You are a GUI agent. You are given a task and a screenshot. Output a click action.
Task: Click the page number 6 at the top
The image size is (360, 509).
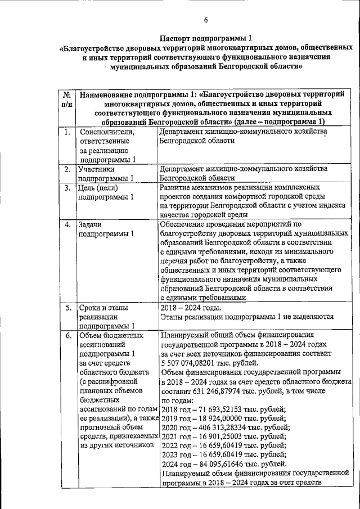pyautogui.click(x=206, y=21)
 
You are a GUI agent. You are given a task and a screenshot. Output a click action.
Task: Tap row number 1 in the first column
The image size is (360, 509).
pyautogui.click(x=66, y=132)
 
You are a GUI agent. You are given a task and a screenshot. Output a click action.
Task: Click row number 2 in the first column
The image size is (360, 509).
pyautogui.click(x=66, y=169)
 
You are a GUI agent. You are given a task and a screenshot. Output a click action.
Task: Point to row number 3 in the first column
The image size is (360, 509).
pyautogui.click(x=66, y=188)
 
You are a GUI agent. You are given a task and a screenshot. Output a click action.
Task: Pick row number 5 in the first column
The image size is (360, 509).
pyautogui.click(x=66, y=308)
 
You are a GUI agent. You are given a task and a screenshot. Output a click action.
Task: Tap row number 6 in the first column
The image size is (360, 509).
pyautogui.click(x=66, y=336)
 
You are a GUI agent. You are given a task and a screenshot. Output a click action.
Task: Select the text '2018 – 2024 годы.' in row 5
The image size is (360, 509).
pyautogui.click(x=191, y=308)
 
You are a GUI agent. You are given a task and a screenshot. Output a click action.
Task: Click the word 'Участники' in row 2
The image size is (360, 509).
pyautogui.click(x=97, y=169)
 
